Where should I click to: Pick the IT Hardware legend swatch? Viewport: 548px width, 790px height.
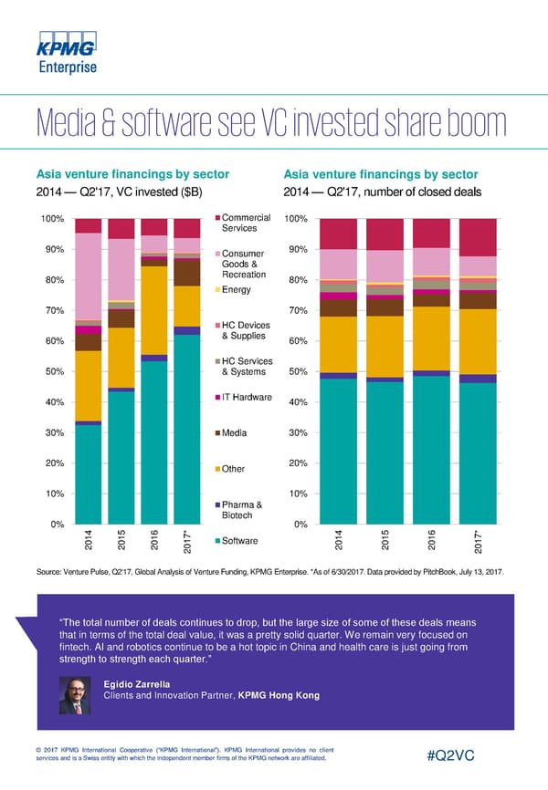[217, 397]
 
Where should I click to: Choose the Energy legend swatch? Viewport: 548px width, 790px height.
[217, 290]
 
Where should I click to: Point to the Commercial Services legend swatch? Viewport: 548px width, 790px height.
[217, 218]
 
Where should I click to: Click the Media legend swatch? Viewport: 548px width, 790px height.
[217, 433]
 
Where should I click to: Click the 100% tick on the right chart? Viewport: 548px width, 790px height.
[297, 219]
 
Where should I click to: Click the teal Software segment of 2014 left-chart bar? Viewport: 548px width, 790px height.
[88, 474]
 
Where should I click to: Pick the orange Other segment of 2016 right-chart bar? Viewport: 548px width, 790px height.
[430, 338]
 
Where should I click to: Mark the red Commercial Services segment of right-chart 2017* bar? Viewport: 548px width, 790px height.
[478, 237]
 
